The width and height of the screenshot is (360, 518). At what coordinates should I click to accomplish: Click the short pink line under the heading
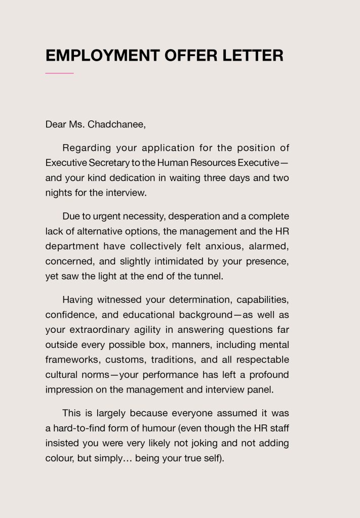coord(59,73)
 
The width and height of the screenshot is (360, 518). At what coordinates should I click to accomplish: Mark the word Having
coord(77,300)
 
